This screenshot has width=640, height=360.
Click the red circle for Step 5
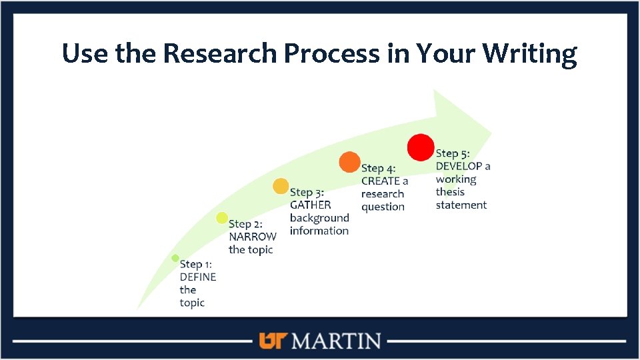(421, 147)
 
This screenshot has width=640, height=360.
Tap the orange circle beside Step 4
(349, 163)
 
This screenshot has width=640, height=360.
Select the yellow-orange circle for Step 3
(281, 186)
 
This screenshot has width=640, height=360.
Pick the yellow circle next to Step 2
(222, 217)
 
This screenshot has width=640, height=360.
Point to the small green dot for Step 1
(175, 258)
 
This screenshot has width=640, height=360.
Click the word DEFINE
(198, 277)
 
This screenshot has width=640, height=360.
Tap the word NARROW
(252, 237)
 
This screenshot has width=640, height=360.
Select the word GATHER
(310, 205)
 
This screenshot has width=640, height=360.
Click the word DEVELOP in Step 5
(458, 166)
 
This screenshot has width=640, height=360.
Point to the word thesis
(451, 192)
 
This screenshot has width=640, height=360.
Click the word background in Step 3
(319, 218)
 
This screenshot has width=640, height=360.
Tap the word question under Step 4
(383, 207)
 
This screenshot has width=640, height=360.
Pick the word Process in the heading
(343, 53)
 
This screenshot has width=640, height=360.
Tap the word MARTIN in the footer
(337, 341)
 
